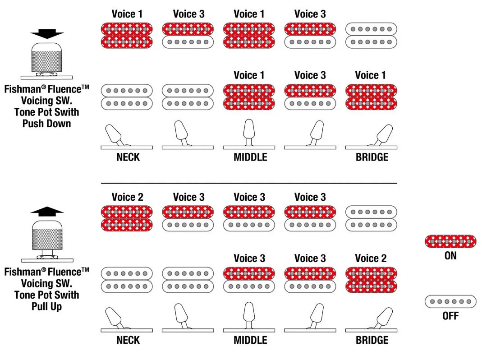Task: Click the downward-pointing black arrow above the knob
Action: coord(47,33)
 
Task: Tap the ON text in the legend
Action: coord(450,256)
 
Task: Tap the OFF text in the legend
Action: coord(450,316)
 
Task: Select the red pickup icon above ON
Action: coord(450,241)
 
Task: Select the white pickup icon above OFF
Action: coord(450,301)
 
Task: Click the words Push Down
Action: coord(47,124)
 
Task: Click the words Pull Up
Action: coord(47,306)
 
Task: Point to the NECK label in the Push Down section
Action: coord(128,157)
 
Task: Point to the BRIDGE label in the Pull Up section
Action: coord(372,340)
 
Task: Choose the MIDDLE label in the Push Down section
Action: coord(250,157)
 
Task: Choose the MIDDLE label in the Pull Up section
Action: coord(250,340)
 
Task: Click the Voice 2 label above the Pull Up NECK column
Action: coord(127,197)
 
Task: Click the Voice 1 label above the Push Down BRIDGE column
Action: coord(371,75)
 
